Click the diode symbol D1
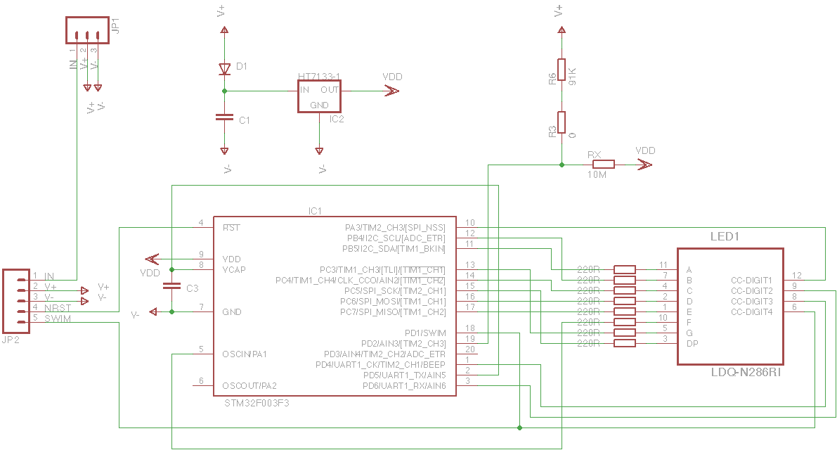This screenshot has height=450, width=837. (224, 69)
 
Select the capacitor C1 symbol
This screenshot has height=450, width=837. (224, 118)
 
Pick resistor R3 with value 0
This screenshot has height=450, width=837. (562, 122)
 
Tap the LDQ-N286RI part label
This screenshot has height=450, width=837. (746, 372)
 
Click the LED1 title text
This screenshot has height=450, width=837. (724, 237)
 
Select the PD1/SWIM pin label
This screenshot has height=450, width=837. (425, 333)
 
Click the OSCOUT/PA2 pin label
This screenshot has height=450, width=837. (249, 385)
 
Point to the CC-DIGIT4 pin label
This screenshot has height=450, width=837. (751, 311)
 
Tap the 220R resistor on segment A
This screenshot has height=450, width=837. (625, 269)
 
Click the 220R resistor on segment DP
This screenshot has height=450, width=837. (625, 343)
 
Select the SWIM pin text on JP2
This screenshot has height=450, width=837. (58, 319)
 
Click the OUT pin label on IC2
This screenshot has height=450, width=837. (330, 90)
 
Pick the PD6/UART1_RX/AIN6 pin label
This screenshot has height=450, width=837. (404, 385)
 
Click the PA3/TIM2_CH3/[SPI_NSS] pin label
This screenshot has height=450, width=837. (395, 228)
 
